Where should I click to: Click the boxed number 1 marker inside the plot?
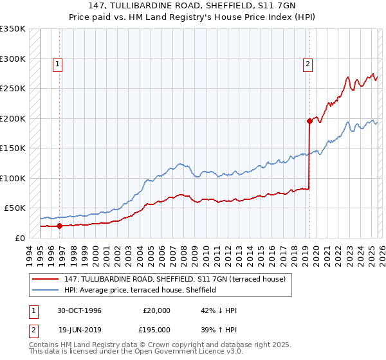pyautogui.click(x=58, y=64)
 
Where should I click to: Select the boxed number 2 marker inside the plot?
pyautogui.click(x=308, y=64)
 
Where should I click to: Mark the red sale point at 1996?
pyautogui.click(x=60, y=226)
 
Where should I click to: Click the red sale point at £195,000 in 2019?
pyautogui.click(x=309, y=121)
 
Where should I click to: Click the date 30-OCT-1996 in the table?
pyautogui.click(x=79, y=310)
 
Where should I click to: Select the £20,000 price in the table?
pyautogui.click(x=157, y=310)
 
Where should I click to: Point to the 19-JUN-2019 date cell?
pyautogui.click(x=79, y=329)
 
